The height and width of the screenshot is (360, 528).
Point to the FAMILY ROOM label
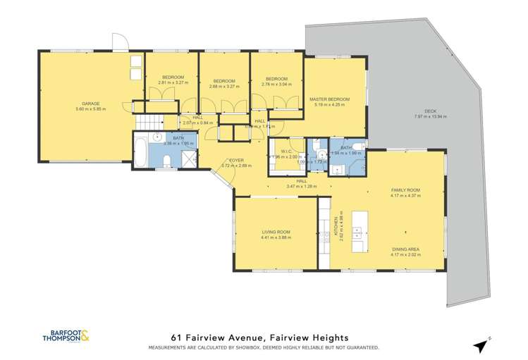(405, 190)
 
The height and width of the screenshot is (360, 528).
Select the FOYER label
(226, 161)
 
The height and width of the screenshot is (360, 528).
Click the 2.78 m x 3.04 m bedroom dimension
(276, 84)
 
